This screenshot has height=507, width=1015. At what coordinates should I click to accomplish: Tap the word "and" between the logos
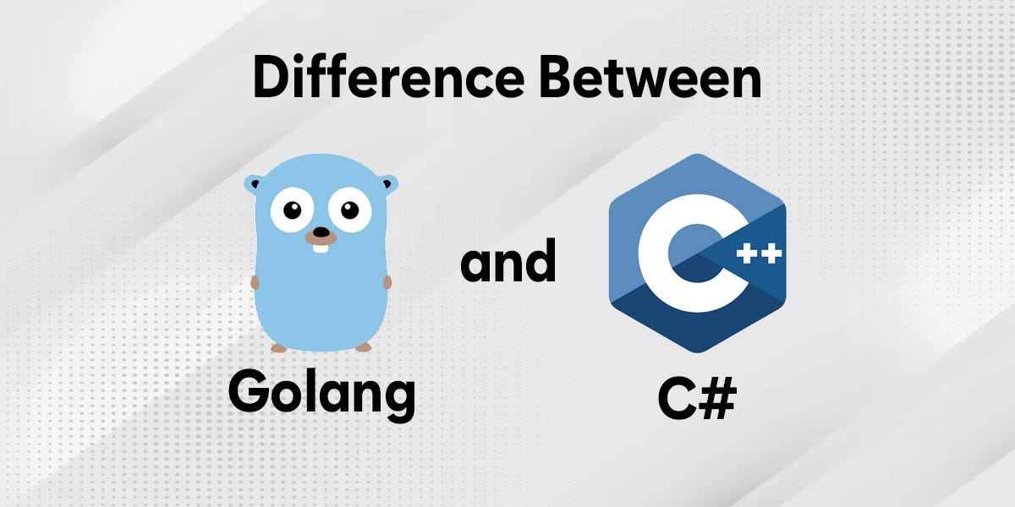(x=508, y=262)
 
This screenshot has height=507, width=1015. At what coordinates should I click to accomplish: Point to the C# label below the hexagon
(x=696, y=399)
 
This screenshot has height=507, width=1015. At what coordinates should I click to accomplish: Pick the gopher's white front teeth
(x=319, y=248)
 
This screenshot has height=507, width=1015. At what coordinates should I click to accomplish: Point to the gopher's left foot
(x=279, y=346)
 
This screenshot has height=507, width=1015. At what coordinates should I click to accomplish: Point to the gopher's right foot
(x=363, y=346)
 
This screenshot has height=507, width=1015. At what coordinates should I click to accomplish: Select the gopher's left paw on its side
(x=255, y=281)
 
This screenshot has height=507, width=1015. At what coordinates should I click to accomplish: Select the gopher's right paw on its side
(x=387, y=281)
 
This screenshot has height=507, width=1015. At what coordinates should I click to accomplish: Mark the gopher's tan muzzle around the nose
(x=320, y=239)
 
